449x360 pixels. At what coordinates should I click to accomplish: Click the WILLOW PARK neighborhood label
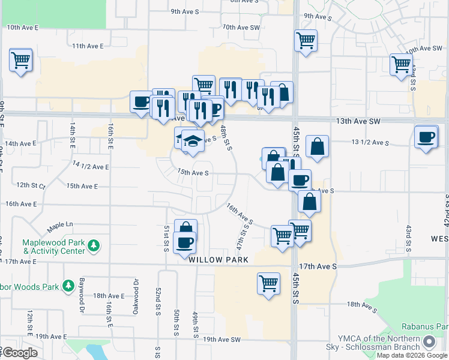point(215,261)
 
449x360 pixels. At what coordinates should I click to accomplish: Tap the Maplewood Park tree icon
point(93,245)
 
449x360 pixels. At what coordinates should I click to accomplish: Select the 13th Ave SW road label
point(358,121)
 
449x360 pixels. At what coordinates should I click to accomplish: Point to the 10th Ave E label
point(23,28)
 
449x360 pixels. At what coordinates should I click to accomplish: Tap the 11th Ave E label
point(88,46)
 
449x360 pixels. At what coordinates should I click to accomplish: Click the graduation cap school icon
point(193,141)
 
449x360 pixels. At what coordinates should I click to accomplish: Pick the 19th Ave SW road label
point(221,340)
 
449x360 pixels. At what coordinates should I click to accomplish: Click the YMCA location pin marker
point(429,342)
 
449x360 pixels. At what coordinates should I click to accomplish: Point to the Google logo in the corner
point(20,353)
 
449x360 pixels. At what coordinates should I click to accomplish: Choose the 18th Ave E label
point(108,296)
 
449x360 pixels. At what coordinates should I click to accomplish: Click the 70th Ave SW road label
point(241,28)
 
